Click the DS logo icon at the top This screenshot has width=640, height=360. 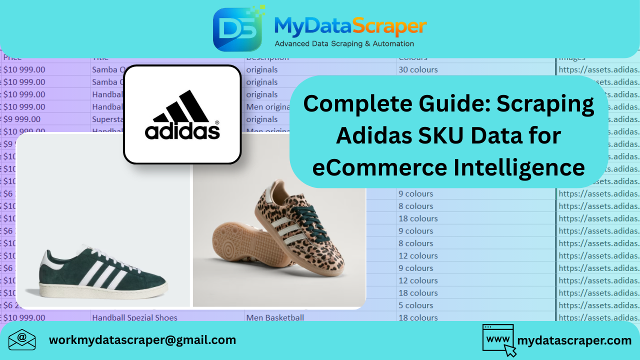(237, 29)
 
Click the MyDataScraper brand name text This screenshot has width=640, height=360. (350, 26)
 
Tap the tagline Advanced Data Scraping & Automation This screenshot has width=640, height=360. (344, 44)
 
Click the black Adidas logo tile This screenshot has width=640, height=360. (182, 114)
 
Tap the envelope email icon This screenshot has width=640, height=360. (22, 340)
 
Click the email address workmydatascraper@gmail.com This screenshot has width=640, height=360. (142, 340)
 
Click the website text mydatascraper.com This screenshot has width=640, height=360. (574, 340)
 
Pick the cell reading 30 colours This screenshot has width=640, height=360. (418, 69)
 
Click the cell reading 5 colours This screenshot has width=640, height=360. (415, 305)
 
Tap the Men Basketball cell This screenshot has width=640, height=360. (274, 317)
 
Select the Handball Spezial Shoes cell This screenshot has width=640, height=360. (134, 317)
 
